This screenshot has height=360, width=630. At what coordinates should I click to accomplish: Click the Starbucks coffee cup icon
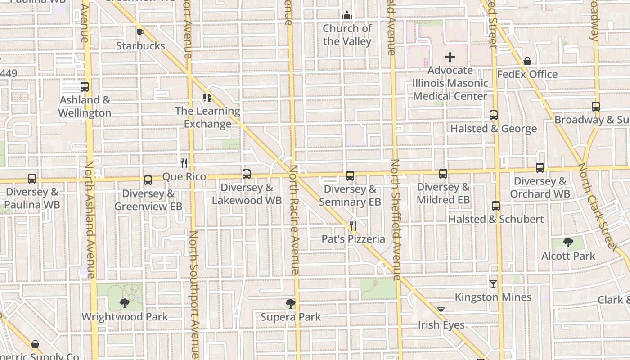click(x=140, y=32)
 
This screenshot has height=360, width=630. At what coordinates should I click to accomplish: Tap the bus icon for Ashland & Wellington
click(x=84, y=87)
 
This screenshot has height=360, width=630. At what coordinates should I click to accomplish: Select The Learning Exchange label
click(x=207, y=117)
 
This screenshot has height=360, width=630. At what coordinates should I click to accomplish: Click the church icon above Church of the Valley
click(x=346, y=16)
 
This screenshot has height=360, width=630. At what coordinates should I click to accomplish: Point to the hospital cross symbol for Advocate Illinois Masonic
click(x=450, y=57)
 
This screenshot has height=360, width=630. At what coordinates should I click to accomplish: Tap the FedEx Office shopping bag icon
click(x=527, y=61)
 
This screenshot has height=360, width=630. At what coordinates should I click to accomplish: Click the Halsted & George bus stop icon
click(x=494, y=115)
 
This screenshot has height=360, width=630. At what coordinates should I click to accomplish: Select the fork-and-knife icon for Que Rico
click(x=184, y=163)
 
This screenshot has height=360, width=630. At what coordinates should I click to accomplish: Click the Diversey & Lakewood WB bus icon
click(x=247, y=174)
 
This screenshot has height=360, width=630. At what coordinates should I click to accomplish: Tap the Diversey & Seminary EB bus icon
click(x=350, y=176)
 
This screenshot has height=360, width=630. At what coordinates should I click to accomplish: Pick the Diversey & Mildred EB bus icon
click(x=443, y=174)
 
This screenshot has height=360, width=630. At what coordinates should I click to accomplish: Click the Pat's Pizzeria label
click(x=353, y=239)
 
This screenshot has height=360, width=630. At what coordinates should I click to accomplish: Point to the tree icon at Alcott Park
click(x=568, y=243)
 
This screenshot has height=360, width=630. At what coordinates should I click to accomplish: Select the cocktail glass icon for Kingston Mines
click(x=493, y=284)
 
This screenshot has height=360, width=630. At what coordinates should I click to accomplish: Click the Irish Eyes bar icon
click(x=441, y=311)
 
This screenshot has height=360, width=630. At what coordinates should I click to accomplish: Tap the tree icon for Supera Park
click(x=291, y=304)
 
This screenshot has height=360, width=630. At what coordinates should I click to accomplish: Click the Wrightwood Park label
click(x=125, y=316)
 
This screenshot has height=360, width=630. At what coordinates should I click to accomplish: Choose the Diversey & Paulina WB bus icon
click(x=32, y=179)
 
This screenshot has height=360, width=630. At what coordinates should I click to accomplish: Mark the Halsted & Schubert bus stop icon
click(x=496, y=206)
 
